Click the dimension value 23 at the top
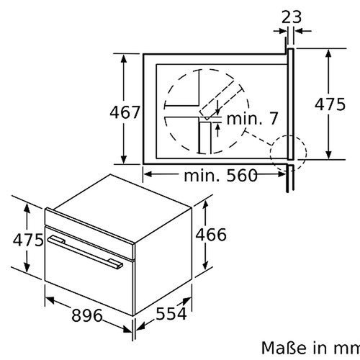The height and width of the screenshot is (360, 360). [x=290, y=17]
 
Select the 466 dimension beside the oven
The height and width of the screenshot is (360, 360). [x=210, y=235]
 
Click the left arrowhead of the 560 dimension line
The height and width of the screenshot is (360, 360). [x=145, y=174]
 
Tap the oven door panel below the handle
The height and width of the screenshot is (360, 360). [x=86, y=281]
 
